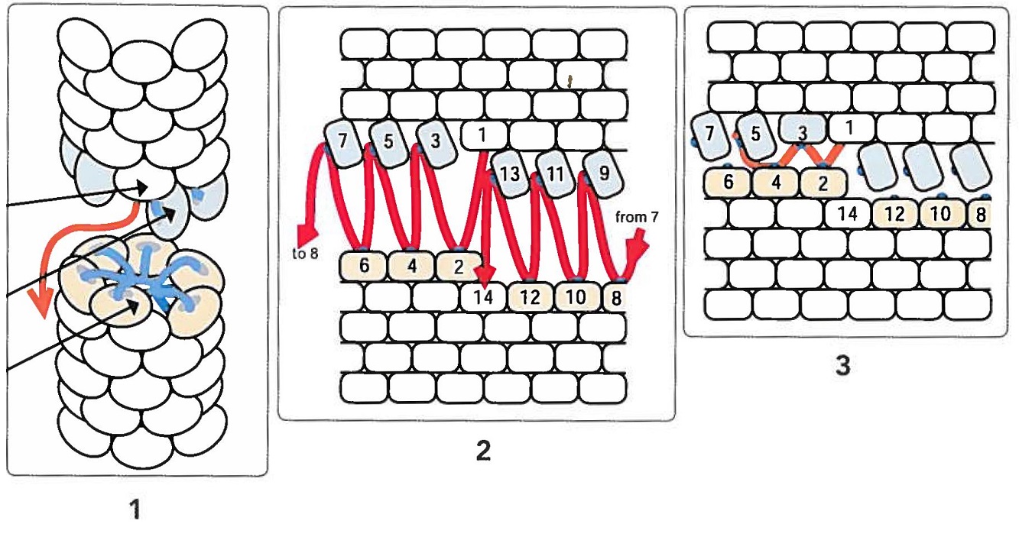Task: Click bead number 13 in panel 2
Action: pos(509,173)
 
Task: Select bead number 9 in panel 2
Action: pos(603,173)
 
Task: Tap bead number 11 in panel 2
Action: pos(556,173)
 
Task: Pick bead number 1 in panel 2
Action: pos(484,135)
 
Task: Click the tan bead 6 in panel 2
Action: pos(364,266)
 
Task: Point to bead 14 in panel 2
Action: pos(483,297)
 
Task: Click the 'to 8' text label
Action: pos(305,254)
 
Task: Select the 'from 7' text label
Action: pos(637,218)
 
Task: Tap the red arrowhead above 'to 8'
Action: pos(307,235)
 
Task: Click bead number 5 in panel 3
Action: pos(756,134)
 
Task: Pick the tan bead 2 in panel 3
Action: pos(823,183)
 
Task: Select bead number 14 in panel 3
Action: pos(848,214)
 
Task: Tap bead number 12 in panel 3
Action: pos(895,214)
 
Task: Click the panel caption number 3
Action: pos(843,365)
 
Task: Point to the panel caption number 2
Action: pos(483,450)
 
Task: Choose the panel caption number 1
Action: pos(135,509)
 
